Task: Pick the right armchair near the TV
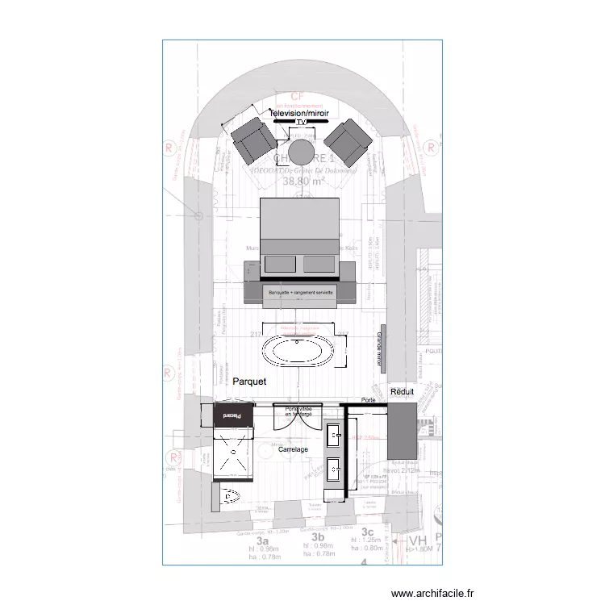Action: (351, 140)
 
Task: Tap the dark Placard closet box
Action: (232, 415)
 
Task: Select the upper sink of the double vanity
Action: (335, 436)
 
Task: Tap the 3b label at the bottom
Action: (318, 536)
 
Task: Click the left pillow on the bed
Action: (282, 264)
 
